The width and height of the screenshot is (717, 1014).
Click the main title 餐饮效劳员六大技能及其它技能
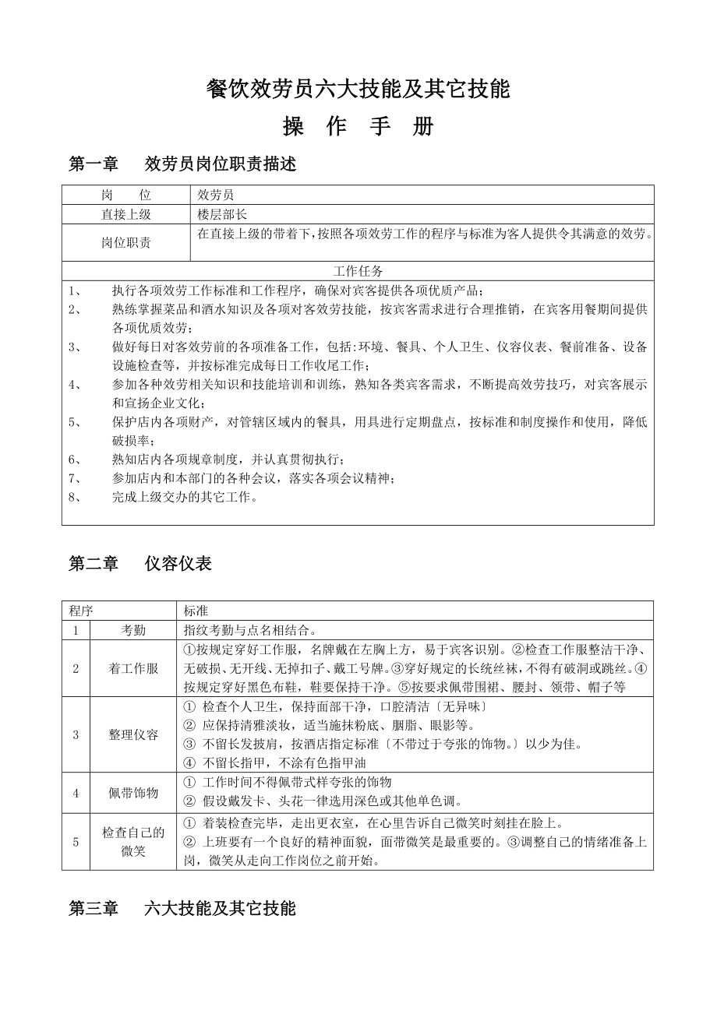(358, 90)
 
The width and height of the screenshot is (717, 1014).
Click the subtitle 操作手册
(358, 127)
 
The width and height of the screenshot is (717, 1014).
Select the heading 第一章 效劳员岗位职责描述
(182, 164)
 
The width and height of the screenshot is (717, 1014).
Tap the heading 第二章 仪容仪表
(140, 564)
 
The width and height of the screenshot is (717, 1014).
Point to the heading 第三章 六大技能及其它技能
(182, 908)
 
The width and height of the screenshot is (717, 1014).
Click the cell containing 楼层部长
(222, 214)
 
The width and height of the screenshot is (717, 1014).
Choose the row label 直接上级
(125, 214)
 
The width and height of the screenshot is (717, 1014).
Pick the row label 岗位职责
(125, 242)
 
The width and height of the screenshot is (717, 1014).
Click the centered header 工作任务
(358, 271)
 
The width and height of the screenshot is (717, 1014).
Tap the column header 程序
(80, 611)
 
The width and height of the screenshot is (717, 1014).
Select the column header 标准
(196, 611)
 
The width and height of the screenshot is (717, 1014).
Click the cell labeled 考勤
(133, 630)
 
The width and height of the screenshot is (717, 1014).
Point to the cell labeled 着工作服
(133, 668)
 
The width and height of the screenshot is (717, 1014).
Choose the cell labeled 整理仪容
(133, 734)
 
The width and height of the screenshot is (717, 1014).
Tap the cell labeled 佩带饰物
(133, 793)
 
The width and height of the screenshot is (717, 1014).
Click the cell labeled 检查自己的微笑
(133, 842)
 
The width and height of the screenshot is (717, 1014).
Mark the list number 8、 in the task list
(76, 496)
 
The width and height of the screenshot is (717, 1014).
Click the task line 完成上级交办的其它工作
(185, 496)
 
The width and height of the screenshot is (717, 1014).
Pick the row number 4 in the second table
(76, 793)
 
